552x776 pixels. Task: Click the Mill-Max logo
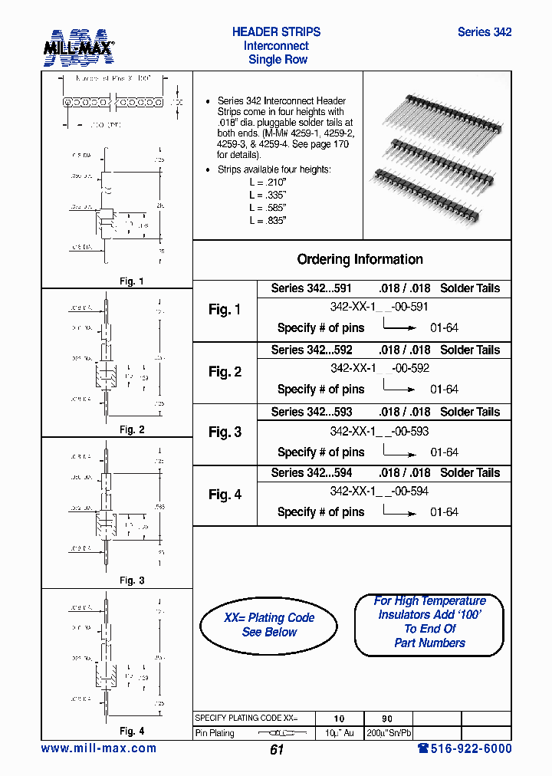[x=78, y=48]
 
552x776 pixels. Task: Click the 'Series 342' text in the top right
[x=484, y=32]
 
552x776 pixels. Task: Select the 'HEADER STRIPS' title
[x=276, y=32]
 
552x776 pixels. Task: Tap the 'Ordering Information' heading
[x=360, y=259]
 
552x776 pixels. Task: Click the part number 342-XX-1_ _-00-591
[x=379, y=307]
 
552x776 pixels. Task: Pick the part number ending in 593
[x=379, y=431]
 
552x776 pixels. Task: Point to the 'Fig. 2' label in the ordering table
[x=225, y=372]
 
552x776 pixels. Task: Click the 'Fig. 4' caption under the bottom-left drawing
[x=131, y=731]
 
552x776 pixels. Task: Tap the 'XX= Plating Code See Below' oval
[x=268, y=625]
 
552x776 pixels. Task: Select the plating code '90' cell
[x=387, y=718]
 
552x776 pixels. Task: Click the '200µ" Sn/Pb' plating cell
[x=387, y=734]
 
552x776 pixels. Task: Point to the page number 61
[x=277, y=750]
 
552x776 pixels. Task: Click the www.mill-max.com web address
[x=98, y=748]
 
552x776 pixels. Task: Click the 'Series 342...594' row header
[x=311, y=473]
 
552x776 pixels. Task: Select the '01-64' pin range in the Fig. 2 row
[x=444, y=390]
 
